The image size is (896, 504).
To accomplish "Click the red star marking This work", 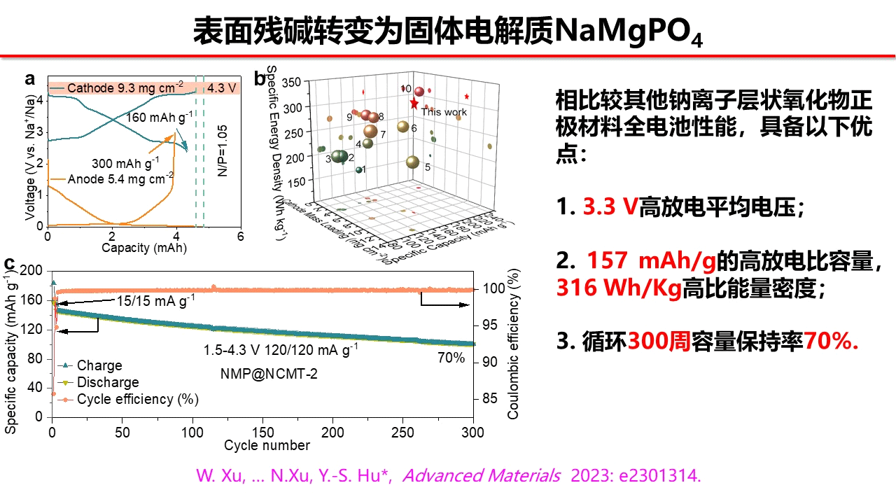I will (x=414, y=104).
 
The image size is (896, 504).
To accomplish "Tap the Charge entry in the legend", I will (x=99, y=365).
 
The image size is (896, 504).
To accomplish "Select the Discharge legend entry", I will (x=107, y=382).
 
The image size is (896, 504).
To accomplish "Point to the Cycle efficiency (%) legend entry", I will (x=137, y=399).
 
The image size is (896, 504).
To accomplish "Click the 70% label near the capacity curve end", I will (x=451, y=358).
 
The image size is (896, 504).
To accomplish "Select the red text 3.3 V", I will (x=609, y=207).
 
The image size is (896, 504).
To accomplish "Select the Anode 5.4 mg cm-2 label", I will (x=120, y=180).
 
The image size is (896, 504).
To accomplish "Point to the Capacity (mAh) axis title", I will (x=143, y=248).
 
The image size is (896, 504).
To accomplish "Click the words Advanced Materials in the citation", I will (x=482, y=476).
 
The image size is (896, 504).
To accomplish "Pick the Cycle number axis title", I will (x=267, y=445).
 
